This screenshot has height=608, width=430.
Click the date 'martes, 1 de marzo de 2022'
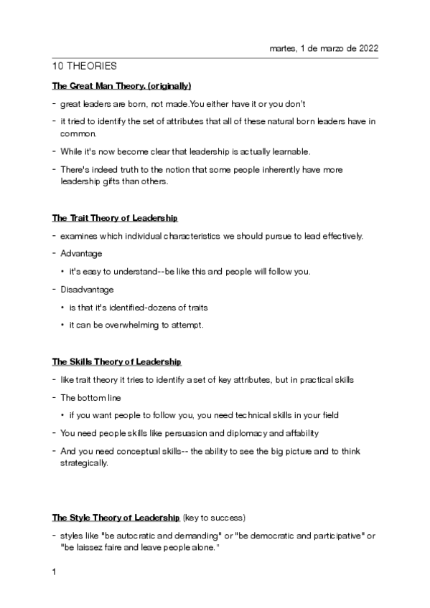tap(323, 48)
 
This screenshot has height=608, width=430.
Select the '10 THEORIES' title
tap(85, 66)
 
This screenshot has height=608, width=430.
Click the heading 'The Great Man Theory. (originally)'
tap(121, 85)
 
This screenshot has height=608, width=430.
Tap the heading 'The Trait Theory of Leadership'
tap(115, 217)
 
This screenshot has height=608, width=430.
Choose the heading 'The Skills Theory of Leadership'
tap(116, 361)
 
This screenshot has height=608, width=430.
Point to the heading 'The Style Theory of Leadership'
tap(116, 517)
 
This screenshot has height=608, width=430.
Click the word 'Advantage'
tap(81, 253)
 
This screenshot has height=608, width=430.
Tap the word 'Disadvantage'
tap(87, 290)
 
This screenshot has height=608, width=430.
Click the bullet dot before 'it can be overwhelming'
tap(63, 325)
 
